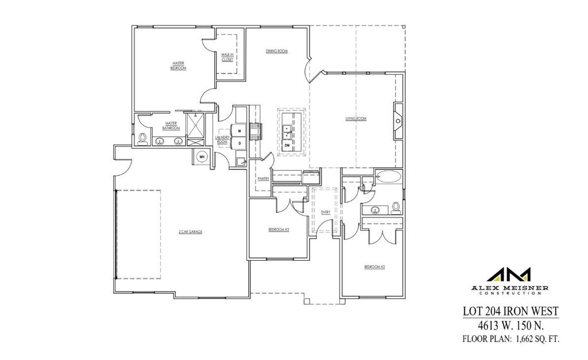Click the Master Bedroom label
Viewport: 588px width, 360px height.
[x=178, y=65]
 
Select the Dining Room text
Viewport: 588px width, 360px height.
[x=276, y=51]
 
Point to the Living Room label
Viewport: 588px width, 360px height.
[x=355, y=119]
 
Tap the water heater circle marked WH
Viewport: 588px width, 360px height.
[x=202, y=156]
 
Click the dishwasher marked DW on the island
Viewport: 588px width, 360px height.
[x=288, y=146]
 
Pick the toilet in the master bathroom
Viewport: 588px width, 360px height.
[x=142, y=138]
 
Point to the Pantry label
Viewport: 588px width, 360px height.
[x=263, y=178]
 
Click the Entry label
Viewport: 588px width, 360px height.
[x=326, y=212]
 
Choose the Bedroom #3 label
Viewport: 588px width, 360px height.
[x=278, y=230]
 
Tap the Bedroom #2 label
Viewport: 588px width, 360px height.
[x=374, y=267]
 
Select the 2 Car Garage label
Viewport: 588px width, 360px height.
[x=190, y=232]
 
